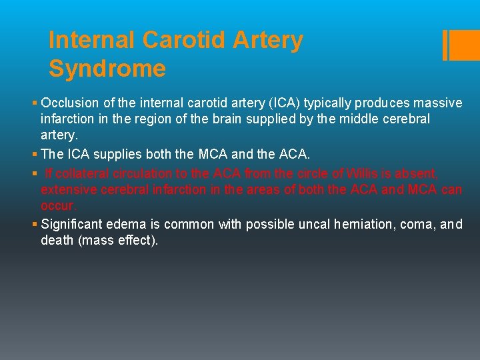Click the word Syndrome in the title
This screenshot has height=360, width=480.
tap(107, 69)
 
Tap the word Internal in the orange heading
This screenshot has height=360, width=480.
tap(92, 40)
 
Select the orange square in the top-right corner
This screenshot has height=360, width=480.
tap(465, 45)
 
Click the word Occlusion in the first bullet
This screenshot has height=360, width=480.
tap(69, 103)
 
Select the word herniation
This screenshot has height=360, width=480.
tap(370, 225)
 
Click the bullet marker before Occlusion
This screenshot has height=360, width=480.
tap(35, 103)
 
